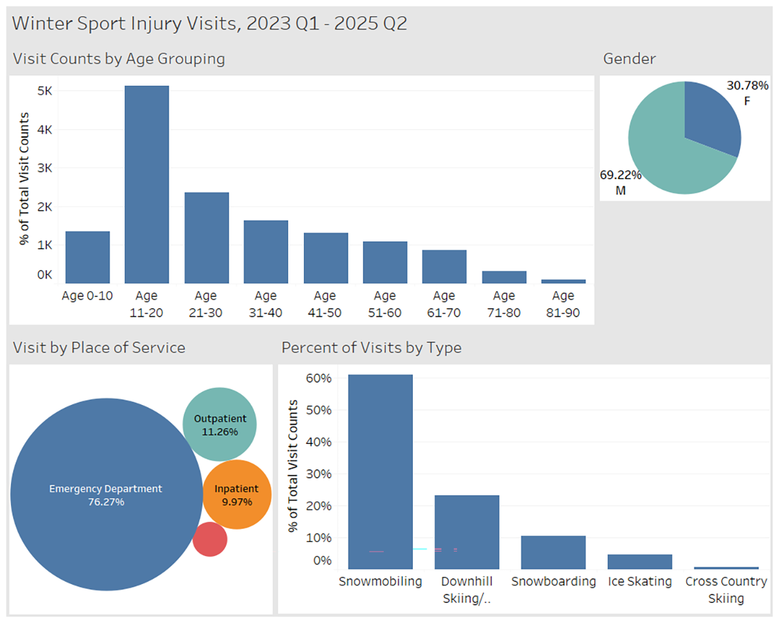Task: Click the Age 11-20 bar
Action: [147, 185]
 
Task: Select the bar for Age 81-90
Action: [563, 281]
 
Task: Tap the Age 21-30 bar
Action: [206, 238]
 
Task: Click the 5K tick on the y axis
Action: [45, 91]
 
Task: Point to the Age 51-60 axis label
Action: [384, 304]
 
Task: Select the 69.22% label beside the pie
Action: [621, 175]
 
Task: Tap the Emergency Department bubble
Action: [106, 495]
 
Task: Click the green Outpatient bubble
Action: [219, 424]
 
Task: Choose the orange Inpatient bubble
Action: [236, 495]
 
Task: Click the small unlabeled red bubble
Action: [210, 539]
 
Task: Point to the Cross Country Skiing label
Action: [726, 590]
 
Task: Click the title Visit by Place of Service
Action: [99, 348]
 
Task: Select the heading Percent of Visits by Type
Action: [371, 348]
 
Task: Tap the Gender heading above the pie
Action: [629, 59]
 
